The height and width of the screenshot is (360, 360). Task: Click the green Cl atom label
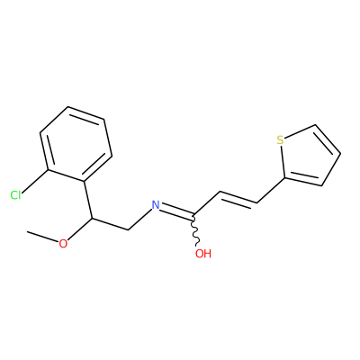[15, 195]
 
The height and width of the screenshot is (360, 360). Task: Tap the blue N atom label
[156, 204]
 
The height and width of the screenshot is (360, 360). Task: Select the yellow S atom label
[280, 140]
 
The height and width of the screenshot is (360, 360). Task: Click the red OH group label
[203, 254]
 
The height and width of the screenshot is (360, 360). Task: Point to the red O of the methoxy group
[63, 244]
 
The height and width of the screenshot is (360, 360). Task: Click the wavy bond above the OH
[195, 230]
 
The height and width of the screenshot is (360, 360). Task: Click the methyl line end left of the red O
[27, 231]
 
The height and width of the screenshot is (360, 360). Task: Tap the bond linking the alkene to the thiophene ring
[271, 191]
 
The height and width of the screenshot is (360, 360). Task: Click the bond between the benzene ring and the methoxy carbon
[88, 200]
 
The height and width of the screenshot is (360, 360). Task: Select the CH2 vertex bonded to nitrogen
[129, 230]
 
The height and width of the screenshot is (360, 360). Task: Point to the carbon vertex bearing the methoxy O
[92, 219]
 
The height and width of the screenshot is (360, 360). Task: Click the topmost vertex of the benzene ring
[68, 106]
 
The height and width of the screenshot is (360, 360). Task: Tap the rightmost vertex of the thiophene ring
[340, 154]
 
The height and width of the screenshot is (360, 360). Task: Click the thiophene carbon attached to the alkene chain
[284, 178]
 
